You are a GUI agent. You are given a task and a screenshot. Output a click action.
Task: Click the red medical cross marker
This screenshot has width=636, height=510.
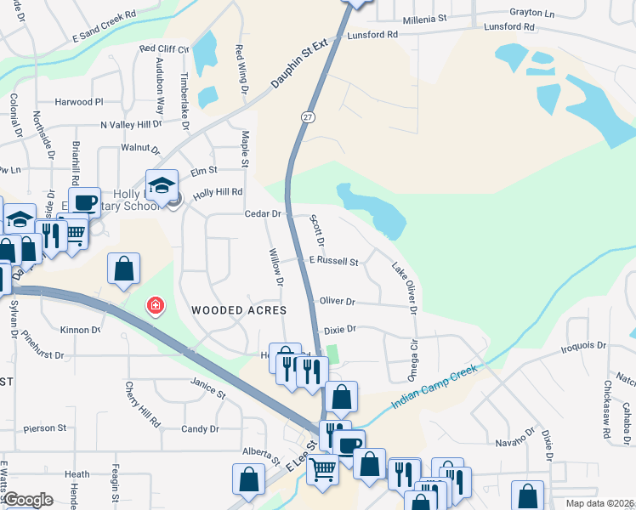click(155, 305)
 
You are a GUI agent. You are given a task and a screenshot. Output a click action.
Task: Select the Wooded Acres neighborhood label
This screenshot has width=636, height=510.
click(238, 310)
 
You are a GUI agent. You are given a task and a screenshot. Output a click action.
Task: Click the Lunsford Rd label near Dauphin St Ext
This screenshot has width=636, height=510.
click(375, 35)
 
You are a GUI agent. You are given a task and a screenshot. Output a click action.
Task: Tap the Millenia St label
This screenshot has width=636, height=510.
click(425, 18)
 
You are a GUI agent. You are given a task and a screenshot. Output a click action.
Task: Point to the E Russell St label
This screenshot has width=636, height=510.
click(334, 262)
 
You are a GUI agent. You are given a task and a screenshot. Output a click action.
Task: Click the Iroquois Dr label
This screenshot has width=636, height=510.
click(584, 347)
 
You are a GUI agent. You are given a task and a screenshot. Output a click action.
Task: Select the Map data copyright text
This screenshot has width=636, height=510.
click(599, 503)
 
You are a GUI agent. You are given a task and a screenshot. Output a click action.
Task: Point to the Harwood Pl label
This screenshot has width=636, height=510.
click(78, 102)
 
